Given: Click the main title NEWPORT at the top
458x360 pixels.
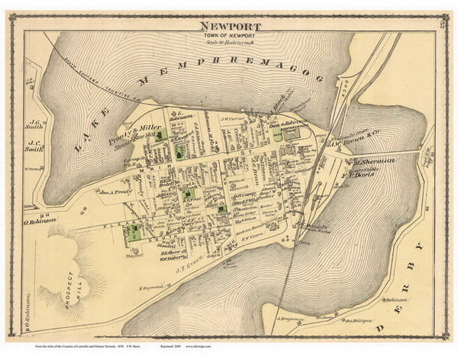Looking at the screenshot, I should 229,26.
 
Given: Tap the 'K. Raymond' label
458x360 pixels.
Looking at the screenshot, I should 153,288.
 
